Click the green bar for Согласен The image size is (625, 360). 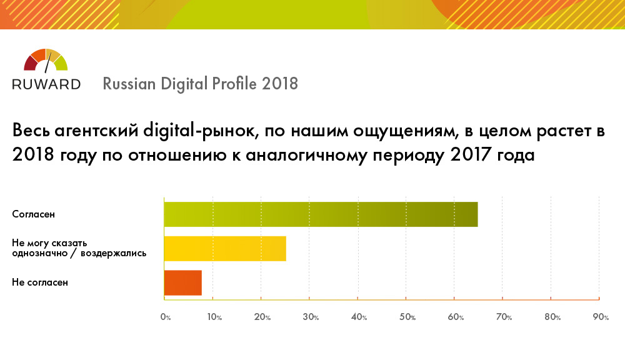click(321, 214)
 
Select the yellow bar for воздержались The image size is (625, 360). click(225, 248)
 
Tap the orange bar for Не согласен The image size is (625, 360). click(182, 282)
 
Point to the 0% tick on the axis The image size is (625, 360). click(166, 317)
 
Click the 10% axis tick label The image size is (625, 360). click(214, 317)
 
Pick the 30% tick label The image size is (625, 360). click(311, 317)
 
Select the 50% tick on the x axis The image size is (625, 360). click(407, 317)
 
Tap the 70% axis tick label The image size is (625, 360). click(504, 317)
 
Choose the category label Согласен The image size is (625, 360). click(34, 214)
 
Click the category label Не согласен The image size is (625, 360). click(40, 282)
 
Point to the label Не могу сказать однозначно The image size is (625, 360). click(50, 243)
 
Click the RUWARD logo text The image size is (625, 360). click(46, 84)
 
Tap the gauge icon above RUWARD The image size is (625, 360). click(46, 60)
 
